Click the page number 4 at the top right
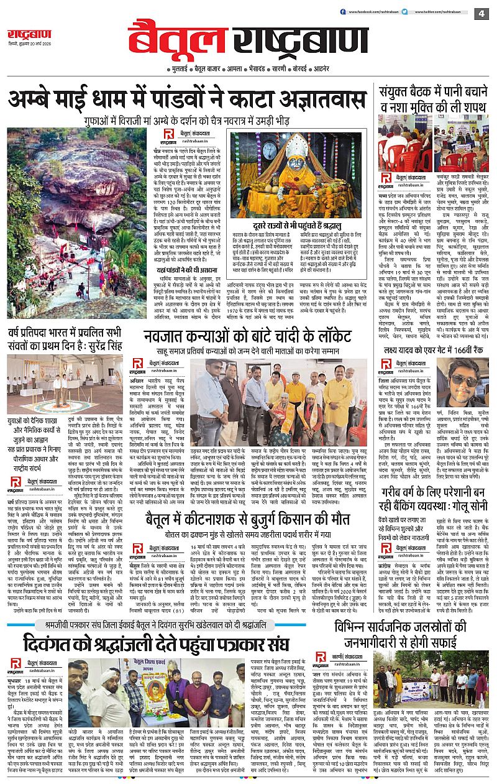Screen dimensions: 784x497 tap(481, 14)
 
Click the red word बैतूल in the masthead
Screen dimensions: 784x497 tap(174, 39)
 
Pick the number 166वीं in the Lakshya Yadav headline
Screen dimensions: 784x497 tap(457, 344)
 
